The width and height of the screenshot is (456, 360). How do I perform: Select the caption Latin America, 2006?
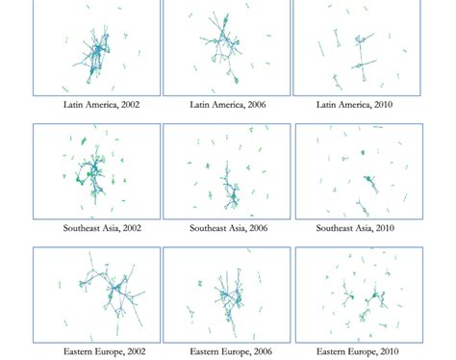228,104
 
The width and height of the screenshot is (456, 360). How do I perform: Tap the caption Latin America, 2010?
356,104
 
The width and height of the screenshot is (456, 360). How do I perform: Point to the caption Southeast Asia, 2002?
99,228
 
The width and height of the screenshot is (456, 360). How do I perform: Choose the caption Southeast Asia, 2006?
228,228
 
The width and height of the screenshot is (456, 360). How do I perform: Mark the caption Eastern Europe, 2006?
228,352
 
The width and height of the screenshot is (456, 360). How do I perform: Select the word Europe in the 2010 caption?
364,352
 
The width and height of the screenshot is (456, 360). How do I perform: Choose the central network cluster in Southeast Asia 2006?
230,193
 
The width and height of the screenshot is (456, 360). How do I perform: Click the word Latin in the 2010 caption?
327,104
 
